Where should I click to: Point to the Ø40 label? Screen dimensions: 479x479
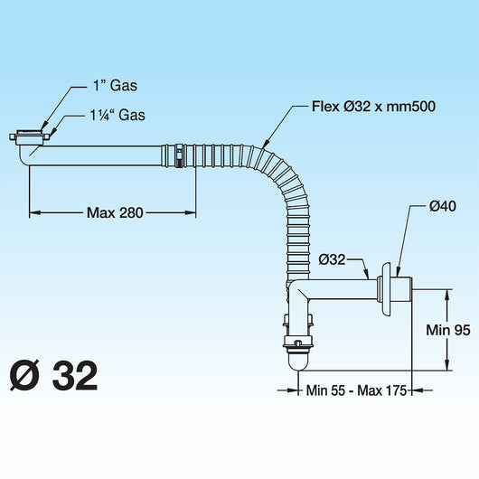[442, 206]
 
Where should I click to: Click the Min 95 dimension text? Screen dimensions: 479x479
[448, 331]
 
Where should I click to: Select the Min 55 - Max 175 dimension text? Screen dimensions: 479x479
[355, 390]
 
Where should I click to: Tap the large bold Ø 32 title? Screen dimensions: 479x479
[53, 375]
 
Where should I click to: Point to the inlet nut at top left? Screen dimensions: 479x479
[30, 137]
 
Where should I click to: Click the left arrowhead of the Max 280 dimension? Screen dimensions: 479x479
[34, 213]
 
